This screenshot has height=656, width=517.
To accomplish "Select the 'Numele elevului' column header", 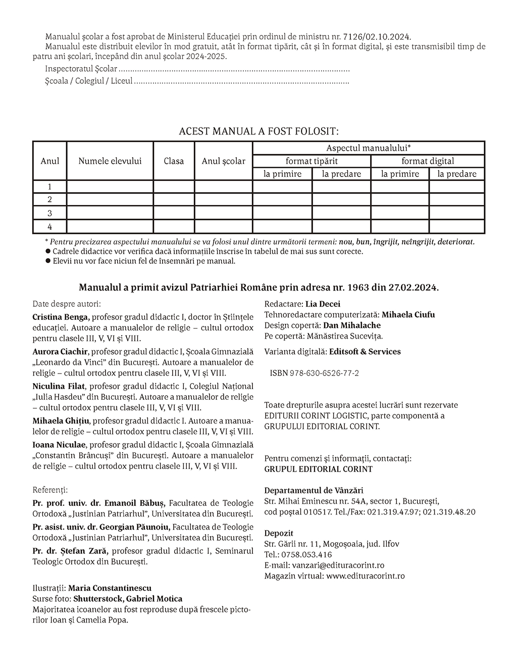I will click(x=110, y=161).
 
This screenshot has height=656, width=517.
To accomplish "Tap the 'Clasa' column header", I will click(x=174, y=161).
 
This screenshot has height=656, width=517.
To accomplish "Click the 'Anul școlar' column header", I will click(x=223, y=161).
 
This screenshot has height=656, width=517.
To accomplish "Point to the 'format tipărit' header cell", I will click(x=312, y=161).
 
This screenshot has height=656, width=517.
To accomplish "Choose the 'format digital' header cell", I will click(x=428, y=161).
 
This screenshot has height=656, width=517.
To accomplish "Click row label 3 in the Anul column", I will click(x=49, y=213).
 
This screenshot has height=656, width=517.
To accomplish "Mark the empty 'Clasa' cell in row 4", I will click(x=174, y=227).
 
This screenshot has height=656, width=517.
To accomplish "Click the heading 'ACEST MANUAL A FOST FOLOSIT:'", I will click(x=258, y=131).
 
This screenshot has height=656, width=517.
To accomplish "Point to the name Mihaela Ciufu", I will click(x=408, y=314).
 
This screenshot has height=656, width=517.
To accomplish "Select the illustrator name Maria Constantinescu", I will click(x=110, y=588).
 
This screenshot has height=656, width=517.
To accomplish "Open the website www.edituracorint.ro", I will click(x=365, y=576).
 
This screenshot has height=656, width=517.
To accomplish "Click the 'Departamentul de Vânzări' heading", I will click(x=314, y=490).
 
